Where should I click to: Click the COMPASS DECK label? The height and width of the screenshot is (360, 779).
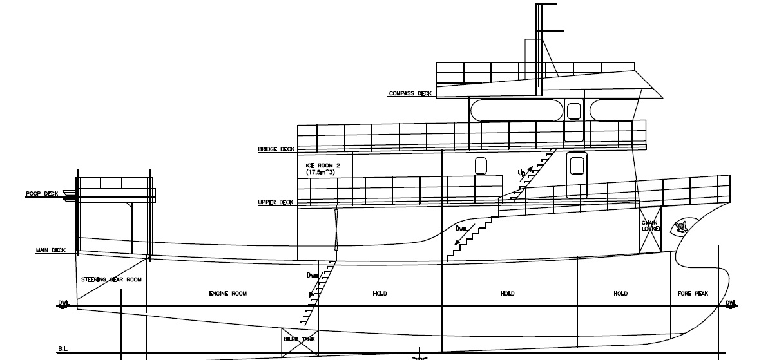[x=410, y=93]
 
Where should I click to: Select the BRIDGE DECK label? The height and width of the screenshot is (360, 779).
[x=276, y=149]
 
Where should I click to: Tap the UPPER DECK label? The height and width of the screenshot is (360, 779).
[x=276, y=202]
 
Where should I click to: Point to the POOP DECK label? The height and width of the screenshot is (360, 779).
[x=42, y=194]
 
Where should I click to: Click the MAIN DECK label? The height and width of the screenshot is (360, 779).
[x=51, y=251]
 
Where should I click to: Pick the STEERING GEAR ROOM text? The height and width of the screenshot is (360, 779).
[x=111, y=279]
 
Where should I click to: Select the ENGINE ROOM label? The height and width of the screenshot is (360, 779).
[x=228, y=294]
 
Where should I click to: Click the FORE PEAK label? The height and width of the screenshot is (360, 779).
[x=693, y=294]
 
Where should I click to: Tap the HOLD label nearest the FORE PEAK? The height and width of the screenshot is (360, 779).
[x=620, y=294]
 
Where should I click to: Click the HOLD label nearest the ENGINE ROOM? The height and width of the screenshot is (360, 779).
[x=380, y=294]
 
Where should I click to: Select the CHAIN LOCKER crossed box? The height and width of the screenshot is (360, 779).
[x=649, y=231]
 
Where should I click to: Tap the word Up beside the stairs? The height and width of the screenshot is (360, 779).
[x=522, y=173]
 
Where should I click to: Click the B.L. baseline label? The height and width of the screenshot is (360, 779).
[x=63, y=350]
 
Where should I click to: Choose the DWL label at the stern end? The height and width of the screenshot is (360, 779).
[x=63, y=302]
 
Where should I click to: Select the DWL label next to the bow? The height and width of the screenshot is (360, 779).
[x=731, y=302]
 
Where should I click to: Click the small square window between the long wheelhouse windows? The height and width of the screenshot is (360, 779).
[x=573, y=111]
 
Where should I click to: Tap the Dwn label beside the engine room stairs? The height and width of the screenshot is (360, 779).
[x=313, y=275]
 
